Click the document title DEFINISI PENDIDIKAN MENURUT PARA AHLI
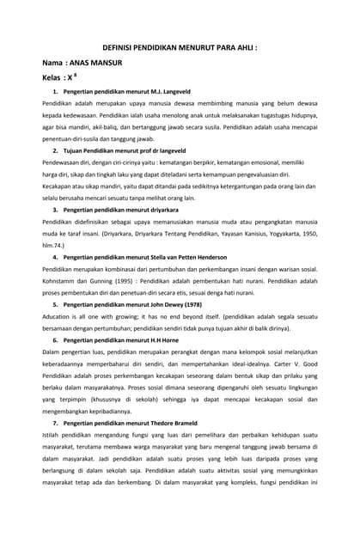(x=180, y=49)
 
